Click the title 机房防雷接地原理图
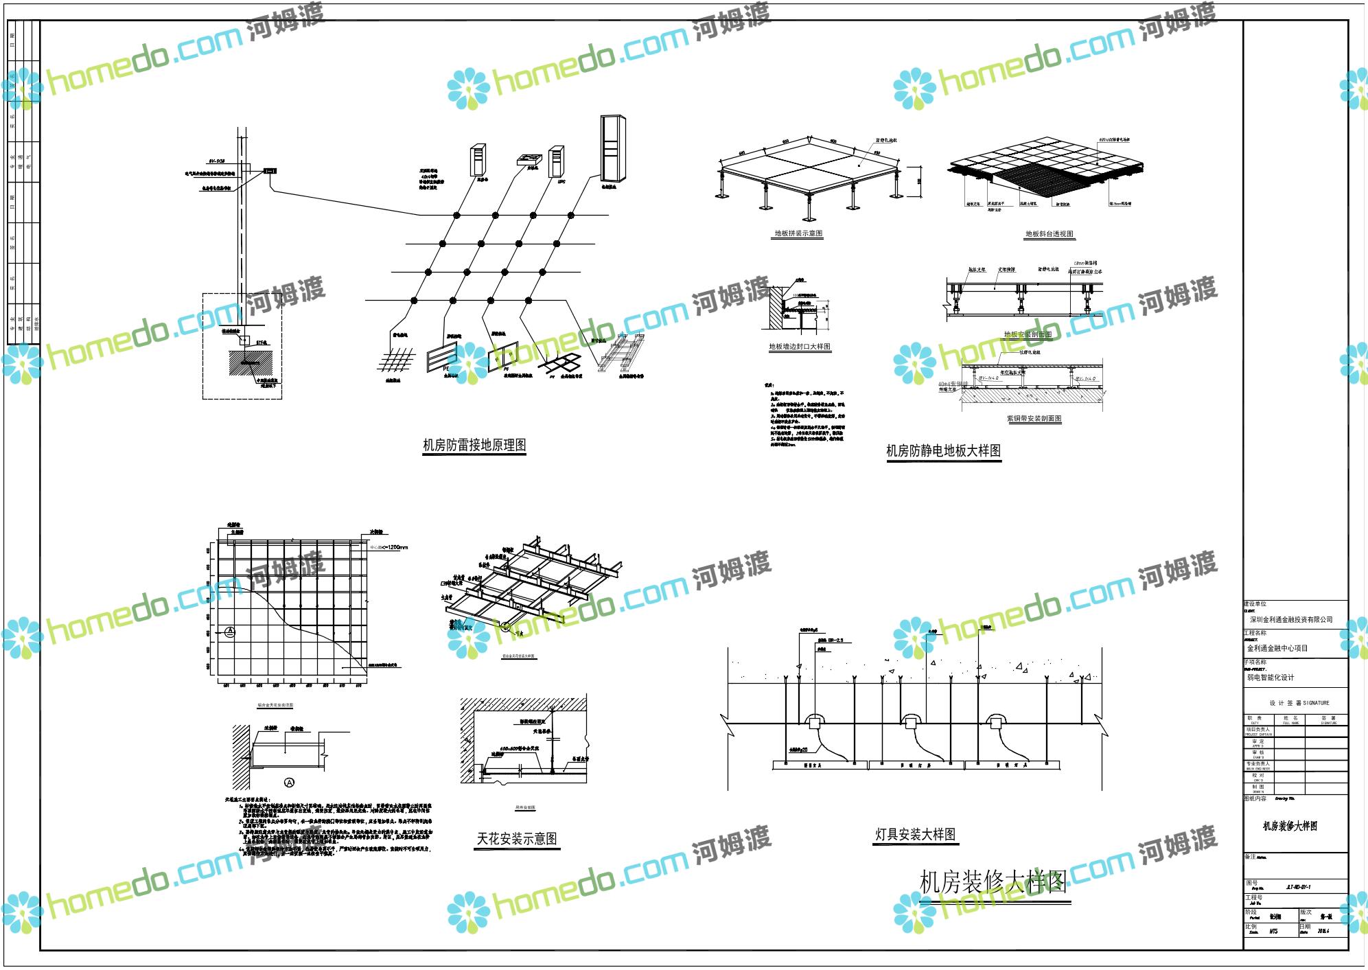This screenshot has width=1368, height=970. click(x=474, y=446)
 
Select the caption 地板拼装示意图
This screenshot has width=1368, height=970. click(x=798, y=233)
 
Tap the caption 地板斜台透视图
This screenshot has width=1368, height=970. click(x=1049, y=234)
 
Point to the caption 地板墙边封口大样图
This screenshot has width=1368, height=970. click(x=799, y=347)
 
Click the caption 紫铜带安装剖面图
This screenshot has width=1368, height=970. click(x=1034, y=419)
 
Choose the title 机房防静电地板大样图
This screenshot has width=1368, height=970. click(x=943, y=451)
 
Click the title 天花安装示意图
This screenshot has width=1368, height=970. click(x=517, y=839)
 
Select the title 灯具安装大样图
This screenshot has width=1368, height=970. click(x=915, y=835)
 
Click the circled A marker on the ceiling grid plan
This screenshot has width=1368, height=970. click(x=230, y=630)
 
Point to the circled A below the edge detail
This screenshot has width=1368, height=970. click(x=289, y=782)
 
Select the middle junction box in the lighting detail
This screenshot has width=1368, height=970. click(x=910, y=721)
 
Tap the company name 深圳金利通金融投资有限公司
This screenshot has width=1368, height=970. click(x=1290, y=620)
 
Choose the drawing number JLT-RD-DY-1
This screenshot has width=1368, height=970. click(x=1294, y=887)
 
